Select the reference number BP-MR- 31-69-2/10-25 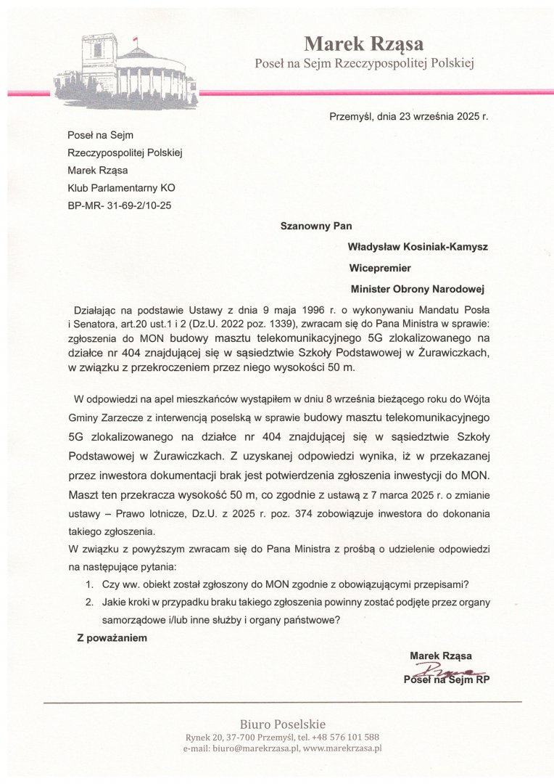click(x=119, y=205)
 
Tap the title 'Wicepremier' click(x=380, y=267)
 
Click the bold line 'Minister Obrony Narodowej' click(x=417, y=288)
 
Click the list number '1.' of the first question click(x=88, y=585)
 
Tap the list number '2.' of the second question click(x=88, y=602)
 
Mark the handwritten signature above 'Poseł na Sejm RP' click(x=447, y=669)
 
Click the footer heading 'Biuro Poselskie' click(x=283, y=724)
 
